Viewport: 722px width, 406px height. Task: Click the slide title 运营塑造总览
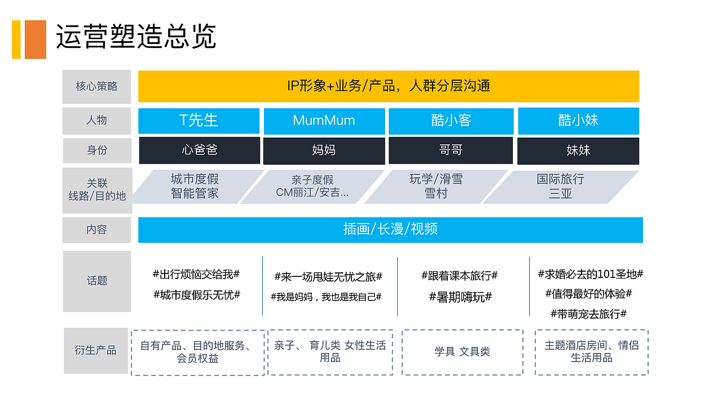tap(136, 37)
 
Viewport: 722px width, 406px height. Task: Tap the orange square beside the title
tap(35, 39)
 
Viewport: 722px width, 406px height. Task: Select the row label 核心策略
tap(96, 86)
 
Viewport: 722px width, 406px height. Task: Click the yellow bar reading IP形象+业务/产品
tap(388, 86)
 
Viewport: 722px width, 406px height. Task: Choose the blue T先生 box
tap(199, 121)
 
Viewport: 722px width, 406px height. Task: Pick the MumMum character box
tap(324, 121)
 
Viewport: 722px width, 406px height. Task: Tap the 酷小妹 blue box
tap(578, 121)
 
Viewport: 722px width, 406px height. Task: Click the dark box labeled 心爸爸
tap(199, 150)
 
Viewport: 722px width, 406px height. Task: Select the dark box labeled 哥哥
tap(450, 150)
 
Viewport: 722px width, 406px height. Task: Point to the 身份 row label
tap(96, 150)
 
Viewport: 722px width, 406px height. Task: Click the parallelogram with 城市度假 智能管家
tap(195, 187)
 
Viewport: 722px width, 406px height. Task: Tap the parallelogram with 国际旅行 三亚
tap(560, 187)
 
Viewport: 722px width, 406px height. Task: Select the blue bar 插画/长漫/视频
tap(390, 230)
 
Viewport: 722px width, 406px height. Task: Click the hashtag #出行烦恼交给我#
tap(196, 275)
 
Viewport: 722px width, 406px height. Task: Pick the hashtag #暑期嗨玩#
tap(460, 297)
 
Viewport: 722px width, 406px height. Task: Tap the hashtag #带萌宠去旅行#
tap(588, 314)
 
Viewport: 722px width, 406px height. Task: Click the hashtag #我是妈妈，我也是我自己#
tap(326, 297)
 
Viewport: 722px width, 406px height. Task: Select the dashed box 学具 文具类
tap(462, 352)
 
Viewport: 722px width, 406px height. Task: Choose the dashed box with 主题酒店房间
tap(591, 352)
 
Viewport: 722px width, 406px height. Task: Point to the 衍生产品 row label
tap(96, 350)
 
